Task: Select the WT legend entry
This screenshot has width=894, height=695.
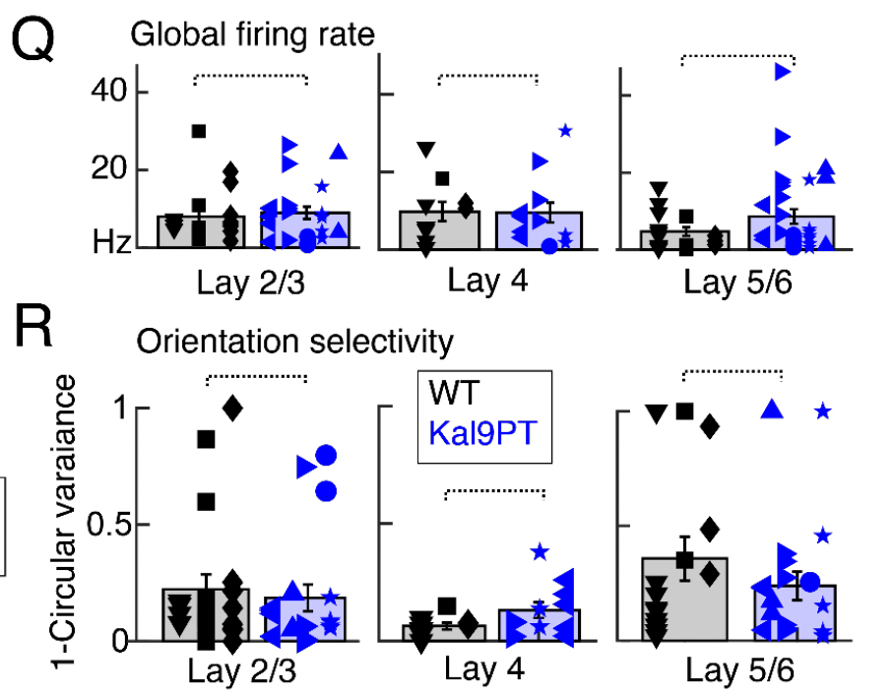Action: pos(454,394)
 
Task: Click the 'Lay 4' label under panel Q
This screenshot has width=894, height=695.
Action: pos(487,282)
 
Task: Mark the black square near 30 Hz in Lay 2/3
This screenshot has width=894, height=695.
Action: pos(199,132)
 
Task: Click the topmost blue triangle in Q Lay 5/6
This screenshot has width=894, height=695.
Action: pos(783,71)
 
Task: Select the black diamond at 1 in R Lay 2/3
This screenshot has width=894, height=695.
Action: pos(232,407)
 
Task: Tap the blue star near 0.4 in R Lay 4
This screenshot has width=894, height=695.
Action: pos(539,552)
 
